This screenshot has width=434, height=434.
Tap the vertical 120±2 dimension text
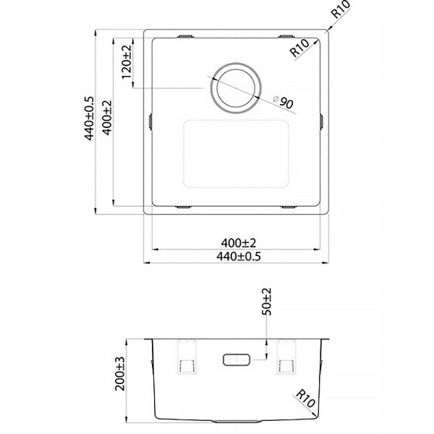coord(127,61)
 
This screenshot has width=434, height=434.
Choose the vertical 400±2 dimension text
coord(107,119)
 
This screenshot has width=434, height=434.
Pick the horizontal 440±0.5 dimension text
coord(237,256)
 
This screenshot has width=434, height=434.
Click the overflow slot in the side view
coord(237,359)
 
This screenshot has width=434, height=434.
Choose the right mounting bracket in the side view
coord(284,357)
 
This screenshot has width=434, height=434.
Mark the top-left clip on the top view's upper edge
coord(184,35)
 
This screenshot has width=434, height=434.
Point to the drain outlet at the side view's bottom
coord(236,421)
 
